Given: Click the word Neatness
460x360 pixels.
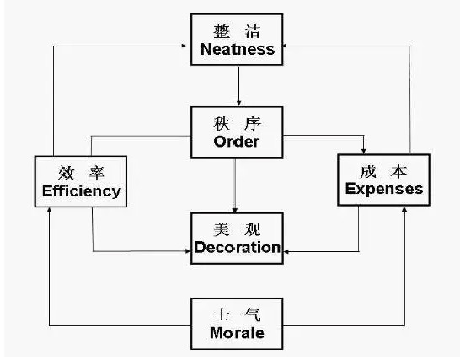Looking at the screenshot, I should click(238, 50).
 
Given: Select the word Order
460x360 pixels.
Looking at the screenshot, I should click(236, 141).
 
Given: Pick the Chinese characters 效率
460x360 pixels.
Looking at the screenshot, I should click(82, 172).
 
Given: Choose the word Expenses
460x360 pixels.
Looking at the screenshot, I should click(384, 188).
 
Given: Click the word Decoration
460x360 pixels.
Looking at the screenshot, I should click(237, 247).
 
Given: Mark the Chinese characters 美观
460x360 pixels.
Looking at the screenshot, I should click(237, 228).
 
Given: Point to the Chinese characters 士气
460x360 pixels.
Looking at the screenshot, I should click(237, 314).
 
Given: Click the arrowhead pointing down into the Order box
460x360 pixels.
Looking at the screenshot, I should click(239, 103).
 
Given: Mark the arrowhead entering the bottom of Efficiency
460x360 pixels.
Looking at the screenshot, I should click(50, 209).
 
